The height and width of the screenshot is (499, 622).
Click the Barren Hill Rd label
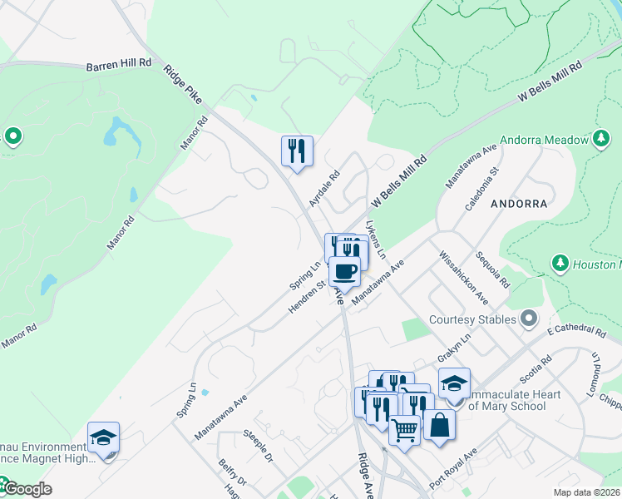click(x=119, y=63)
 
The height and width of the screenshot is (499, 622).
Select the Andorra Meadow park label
click(x=544, y=140)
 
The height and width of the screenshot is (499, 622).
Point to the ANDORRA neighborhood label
click(x=519, y=203)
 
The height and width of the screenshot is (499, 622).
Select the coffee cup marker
click(x=344, y=270)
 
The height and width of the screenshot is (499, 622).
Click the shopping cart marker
click(x=404, y=430)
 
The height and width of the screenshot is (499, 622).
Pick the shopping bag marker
click(x=439, y=426)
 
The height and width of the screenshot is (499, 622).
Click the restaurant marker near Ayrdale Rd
click(x=297, y=151)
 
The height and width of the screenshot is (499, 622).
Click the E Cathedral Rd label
click(x=576, y=330)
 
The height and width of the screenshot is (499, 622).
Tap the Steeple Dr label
click(x=258, y=446)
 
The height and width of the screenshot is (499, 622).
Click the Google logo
click(x=27, y=489)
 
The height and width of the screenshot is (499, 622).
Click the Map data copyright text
click(x=586, y=492)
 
